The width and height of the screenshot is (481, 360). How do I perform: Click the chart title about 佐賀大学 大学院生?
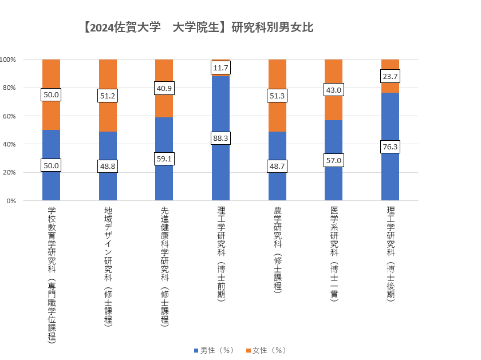point(198,27)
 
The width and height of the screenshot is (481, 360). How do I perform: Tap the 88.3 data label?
point(220,139)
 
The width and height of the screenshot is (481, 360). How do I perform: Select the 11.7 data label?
point(220,68)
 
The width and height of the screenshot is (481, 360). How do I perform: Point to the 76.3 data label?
point(390,147)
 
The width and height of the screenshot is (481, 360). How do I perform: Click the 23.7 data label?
point(390,76)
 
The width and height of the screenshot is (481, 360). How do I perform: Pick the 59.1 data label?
point(164,159)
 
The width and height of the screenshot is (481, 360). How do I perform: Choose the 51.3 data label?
point(277,96)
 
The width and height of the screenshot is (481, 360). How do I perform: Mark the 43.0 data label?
point(333,90)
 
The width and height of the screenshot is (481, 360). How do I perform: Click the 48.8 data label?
point(108,165)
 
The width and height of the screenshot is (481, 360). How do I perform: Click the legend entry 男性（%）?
point(214,350)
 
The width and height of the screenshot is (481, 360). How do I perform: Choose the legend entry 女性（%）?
point(265,350)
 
